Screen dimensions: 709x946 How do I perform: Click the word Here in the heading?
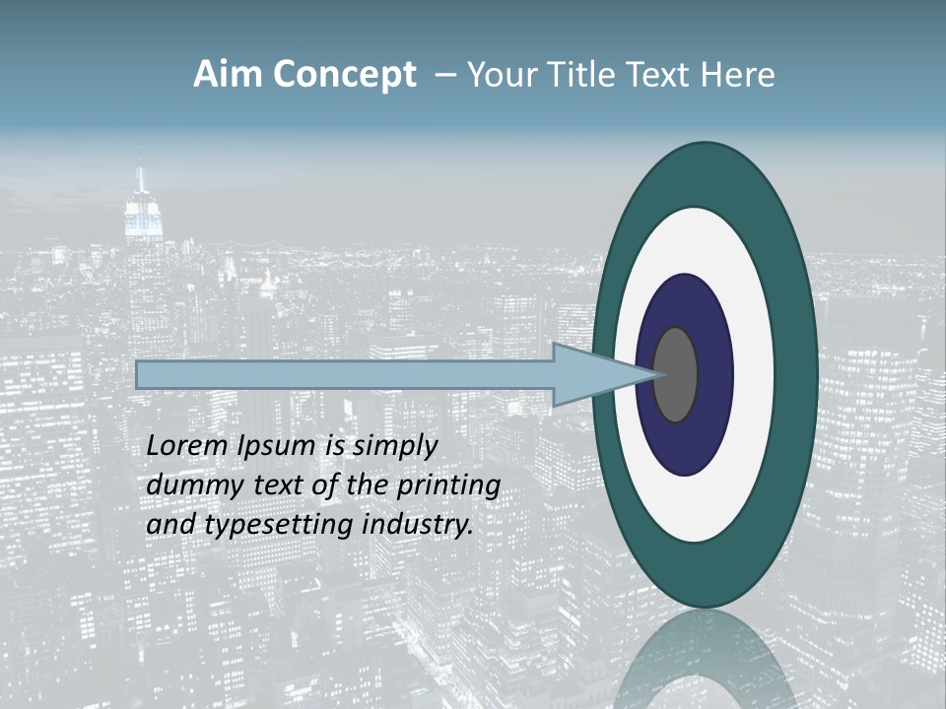click(x=737, y=75)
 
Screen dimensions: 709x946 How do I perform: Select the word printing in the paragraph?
click(x=447, y=486)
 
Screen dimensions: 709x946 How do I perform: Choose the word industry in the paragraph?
click(x=418, y=525)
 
